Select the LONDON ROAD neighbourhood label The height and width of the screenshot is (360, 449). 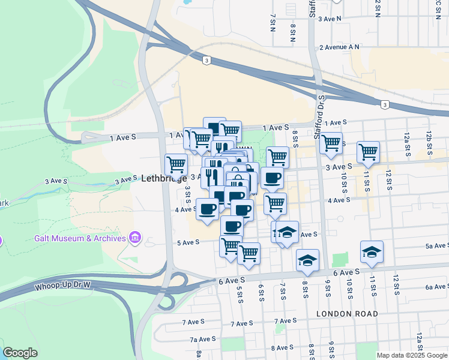[347, 314]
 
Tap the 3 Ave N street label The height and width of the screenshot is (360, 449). [330, 19]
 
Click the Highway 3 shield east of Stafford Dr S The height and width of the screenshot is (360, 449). [385, 105]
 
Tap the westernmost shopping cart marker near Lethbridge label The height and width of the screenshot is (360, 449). [176, 164]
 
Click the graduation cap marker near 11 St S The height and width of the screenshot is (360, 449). [372, 251]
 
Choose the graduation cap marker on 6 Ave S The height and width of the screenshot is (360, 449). [307, 259]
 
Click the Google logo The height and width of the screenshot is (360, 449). [20, 353]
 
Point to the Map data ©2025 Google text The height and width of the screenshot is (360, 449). [411, 355]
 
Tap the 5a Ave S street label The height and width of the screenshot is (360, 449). [437, 246]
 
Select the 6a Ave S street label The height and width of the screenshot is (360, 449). [437, 287]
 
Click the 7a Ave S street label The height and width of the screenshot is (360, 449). [203, 339]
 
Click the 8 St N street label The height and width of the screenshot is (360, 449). [293, 33]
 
